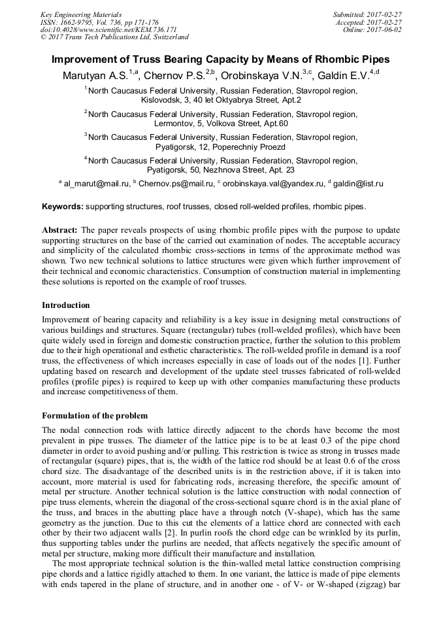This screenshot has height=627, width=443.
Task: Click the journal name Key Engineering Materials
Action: pyautogui.click(x=81, y=14)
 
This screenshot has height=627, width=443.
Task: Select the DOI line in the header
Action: pyautogui.click(x=108, y=29)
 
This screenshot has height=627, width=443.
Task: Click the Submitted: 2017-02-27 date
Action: pyautogui.click(x=367, y=14)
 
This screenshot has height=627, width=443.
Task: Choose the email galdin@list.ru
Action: pyautogui.click(x=358, y=184)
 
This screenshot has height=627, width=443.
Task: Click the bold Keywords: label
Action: pyautogui.click(x=63, y=207)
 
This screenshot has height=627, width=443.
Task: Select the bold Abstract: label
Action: pyautogui.click(x=60, y=231)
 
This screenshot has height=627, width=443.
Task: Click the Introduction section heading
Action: pyautogui.click(x=66, y=305)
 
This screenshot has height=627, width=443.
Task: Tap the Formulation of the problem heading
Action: pyautogui.click(x=95, y=416)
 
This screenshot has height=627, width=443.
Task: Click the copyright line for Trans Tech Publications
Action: pyautogui.click(x=114, y=37)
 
